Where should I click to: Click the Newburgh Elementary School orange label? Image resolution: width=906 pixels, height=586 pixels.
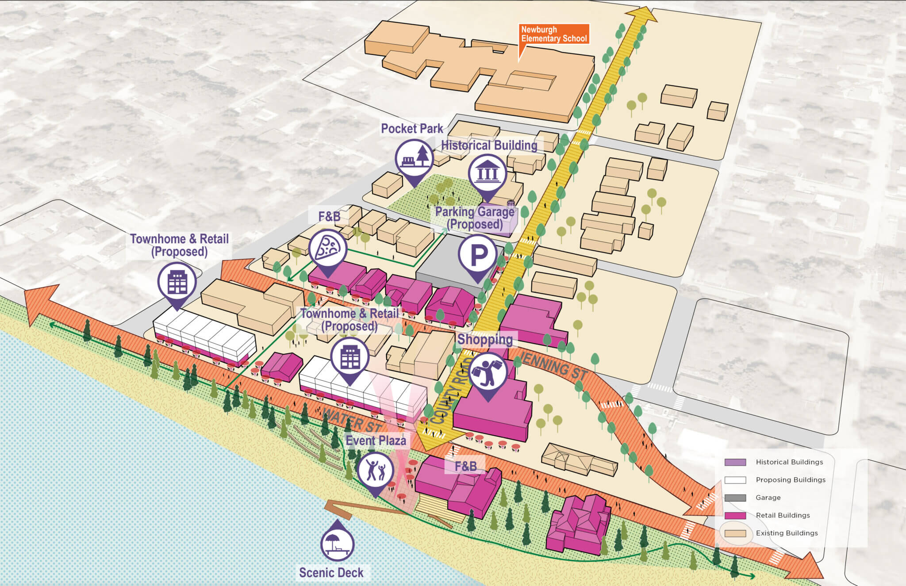(553, 34)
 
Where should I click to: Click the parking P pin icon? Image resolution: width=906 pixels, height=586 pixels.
(478, 255)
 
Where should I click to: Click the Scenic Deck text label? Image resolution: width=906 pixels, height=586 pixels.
(331, 572)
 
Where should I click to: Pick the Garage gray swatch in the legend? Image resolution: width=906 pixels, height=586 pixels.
(735, 498)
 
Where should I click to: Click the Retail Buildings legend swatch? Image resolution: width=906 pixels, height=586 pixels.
(735, 515)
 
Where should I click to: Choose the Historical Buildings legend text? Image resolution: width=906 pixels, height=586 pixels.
(789, 462)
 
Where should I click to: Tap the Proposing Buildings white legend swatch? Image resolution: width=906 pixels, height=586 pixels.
(735, 480)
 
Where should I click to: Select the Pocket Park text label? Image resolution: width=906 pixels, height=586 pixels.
(412, 129)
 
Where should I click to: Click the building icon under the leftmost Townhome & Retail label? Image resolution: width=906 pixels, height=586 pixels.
(177, 282)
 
